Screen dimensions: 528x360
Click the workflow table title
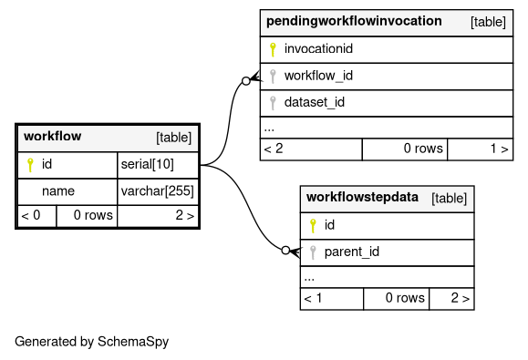click(x=53, y=137)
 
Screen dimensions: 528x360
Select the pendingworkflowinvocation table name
click(x=354, y=21)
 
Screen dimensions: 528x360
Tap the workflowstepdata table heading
click(x=362, y=197)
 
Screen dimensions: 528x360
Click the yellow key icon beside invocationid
click(x=273, y=49)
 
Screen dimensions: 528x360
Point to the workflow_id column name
click(x=318, y=76)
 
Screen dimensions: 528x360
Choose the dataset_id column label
click(x=315, y=102)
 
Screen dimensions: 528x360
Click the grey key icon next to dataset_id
click(x=273, y=103)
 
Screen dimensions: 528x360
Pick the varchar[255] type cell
click(x=158, y=191)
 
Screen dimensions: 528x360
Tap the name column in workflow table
click(x=58, y=191)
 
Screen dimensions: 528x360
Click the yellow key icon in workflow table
click(x=30, y=165)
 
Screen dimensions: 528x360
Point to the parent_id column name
click(x=352, y=252)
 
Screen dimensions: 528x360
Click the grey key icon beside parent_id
click(x=313, y=252)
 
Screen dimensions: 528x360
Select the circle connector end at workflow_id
click(x=246, y=81)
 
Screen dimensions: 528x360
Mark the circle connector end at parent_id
click(x=285, y=251)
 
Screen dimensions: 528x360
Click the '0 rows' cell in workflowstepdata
click(x=397, y=298)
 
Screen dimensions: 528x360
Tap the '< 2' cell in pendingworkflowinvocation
click(x=311, y=149)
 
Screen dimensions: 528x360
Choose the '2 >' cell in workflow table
click(x=158, y=215)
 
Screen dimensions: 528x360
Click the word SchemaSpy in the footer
click(x=133, y=342)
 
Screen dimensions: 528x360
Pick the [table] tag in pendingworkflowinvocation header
click(x=488, y=22)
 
